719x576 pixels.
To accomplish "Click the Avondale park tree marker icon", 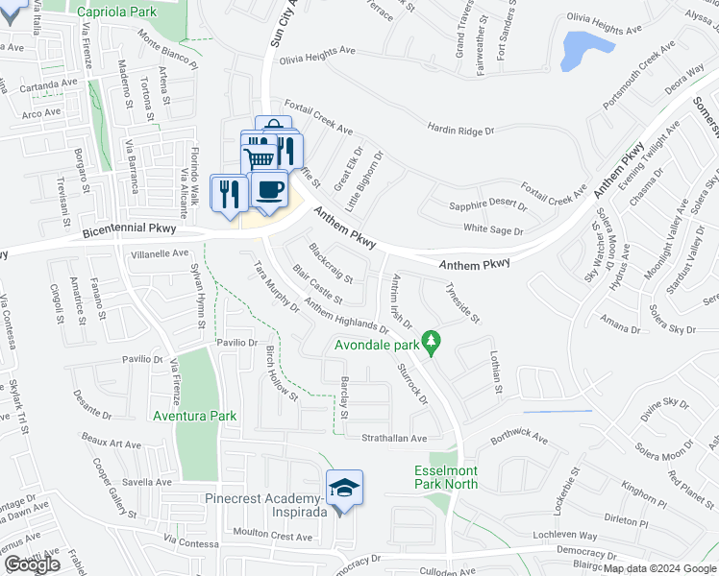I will tap(433, 341).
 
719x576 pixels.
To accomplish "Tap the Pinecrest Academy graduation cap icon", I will tap(344, 488).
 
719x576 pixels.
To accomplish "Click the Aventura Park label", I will tap(195, 417).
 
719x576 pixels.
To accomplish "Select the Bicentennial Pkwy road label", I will tap(131, 232).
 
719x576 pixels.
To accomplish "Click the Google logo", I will tap(32, 564).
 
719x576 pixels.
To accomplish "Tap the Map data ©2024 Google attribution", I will tap(660, 568).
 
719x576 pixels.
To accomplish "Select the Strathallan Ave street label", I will tap(388, 438).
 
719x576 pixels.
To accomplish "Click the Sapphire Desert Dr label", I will tap(488, 205).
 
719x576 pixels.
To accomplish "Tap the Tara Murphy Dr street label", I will tap(276, 286).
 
